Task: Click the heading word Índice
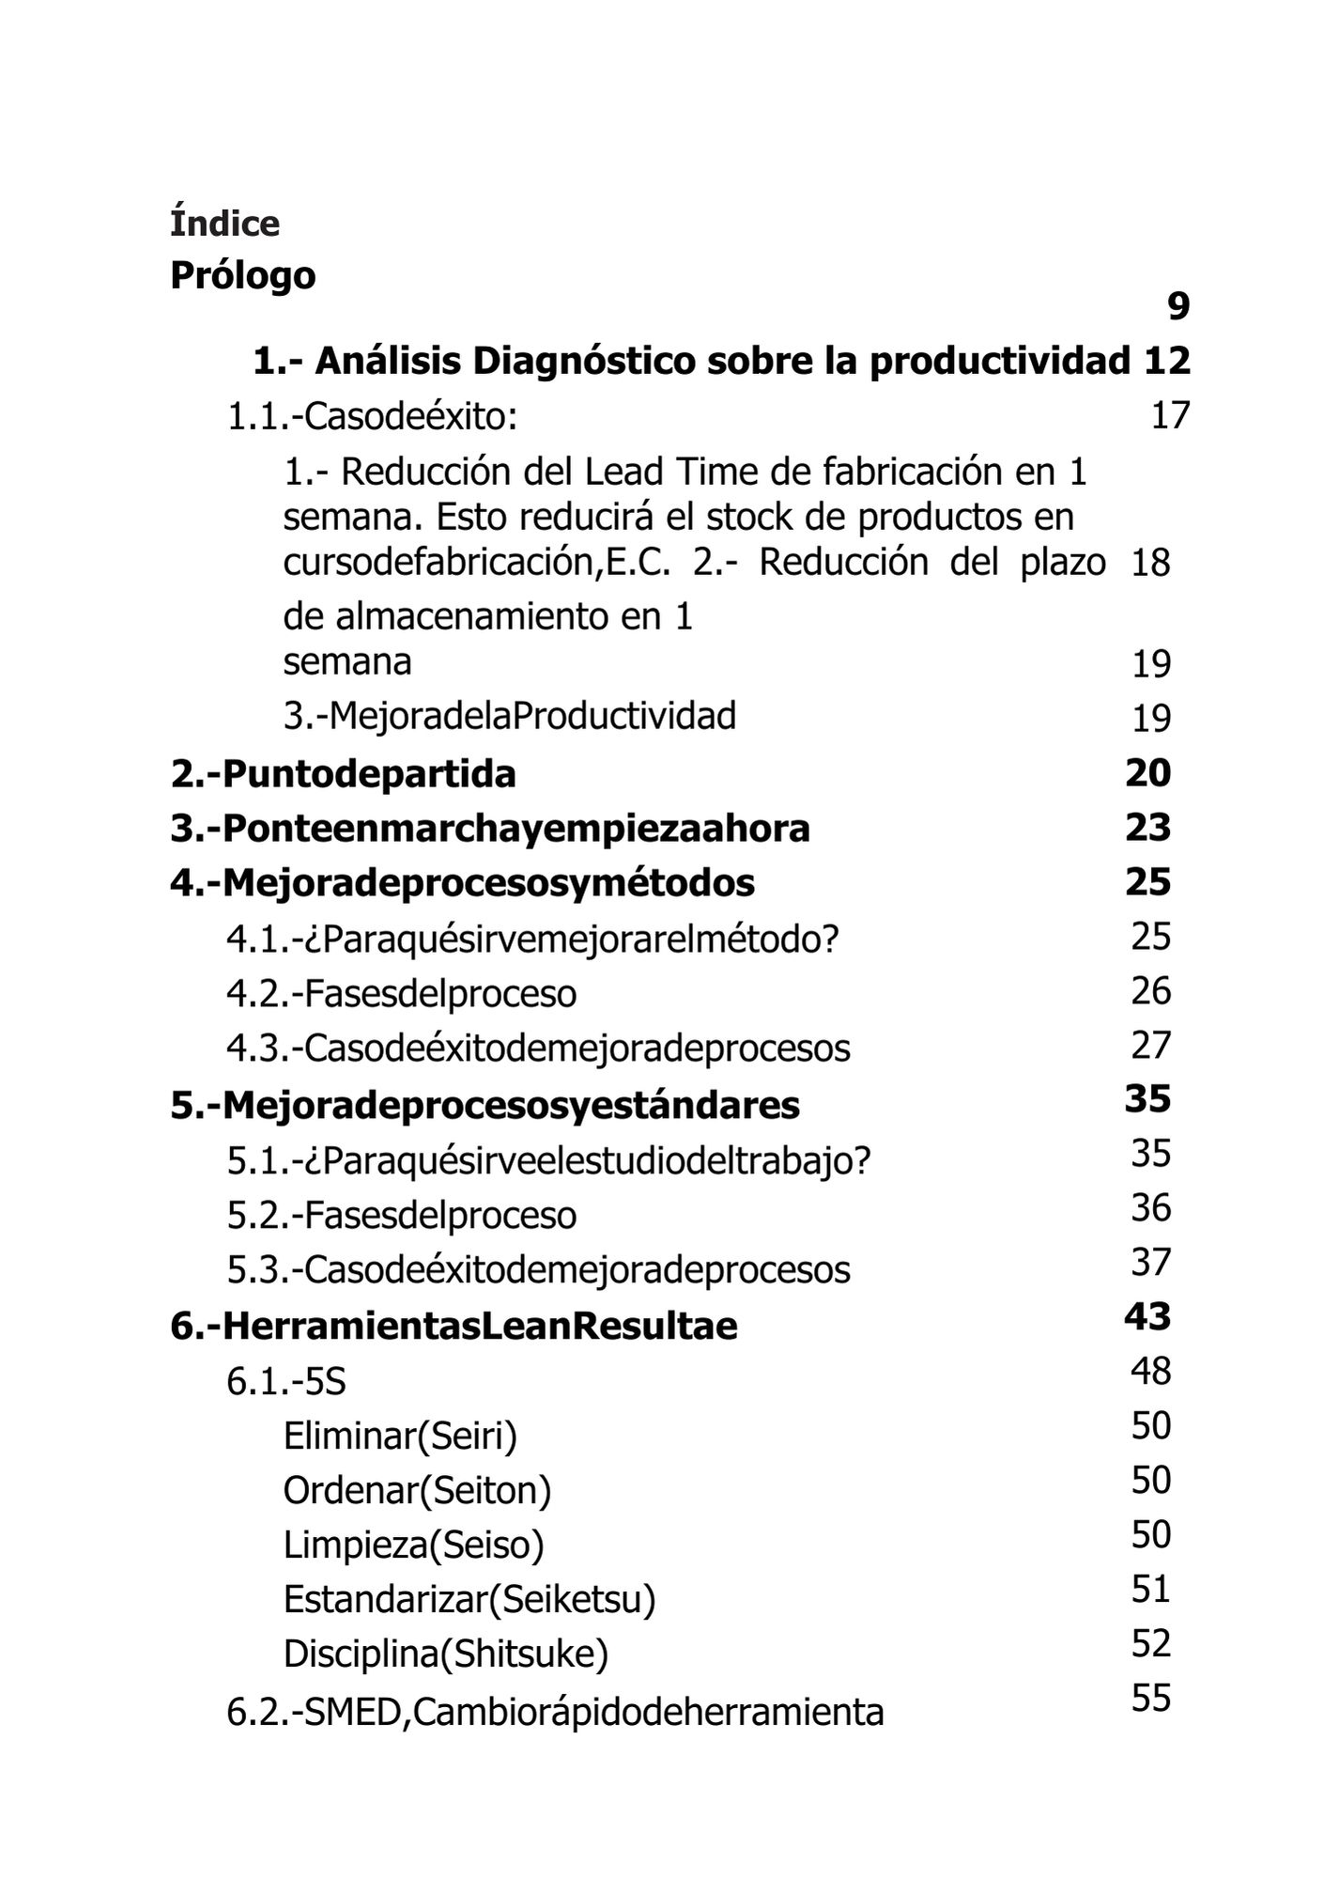coord(224,224)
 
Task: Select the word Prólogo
coord(242,275)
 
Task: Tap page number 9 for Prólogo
coord(1177,306)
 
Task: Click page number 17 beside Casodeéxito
coord(1170,414)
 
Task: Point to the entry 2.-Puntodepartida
coord(343,774)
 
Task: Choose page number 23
coord(1147,828)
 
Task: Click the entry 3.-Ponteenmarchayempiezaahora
coord(489,829)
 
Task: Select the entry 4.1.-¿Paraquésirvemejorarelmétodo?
coord(531,938)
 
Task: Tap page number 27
coord(1150,1045)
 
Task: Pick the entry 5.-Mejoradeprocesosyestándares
coord(485,1105)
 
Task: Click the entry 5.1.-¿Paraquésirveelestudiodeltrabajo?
coord(548,1161)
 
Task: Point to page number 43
coord(1147,1316)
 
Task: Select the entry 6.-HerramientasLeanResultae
coord(454,1326)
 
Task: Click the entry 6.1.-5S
coord(286,1382)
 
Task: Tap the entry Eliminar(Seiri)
coord(400,1436)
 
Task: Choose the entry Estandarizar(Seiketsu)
coord(469,1599)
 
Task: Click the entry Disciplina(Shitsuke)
coord(445,1654)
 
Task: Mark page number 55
coord(1150,1698)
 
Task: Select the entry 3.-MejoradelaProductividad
coord(509,716)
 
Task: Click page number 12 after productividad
coord(1167,361)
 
